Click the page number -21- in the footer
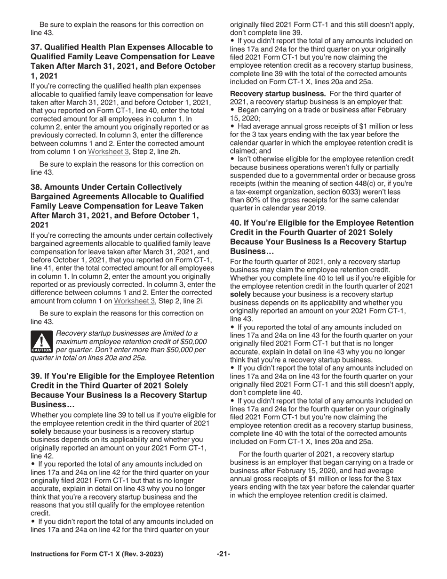coord(223,554)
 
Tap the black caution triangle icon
coord(41,342)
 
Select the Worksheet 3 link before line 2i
coord(134,301)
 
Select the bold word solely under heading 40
coord(241,294)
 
